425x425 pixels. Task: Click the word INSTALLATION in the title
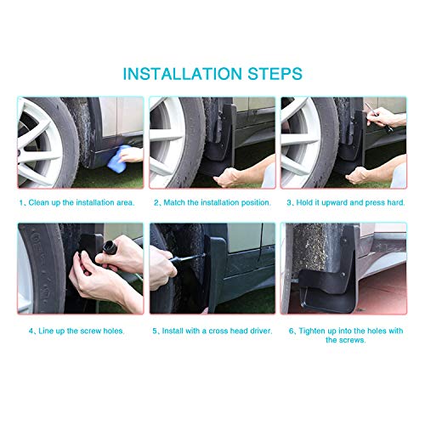pyautogui.click(x=183, y=74)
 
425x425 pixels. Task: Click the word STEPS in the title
pyautogui.click(x=275, y=74)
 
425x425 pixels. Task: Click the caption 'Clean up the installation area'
pyautogui.click(x=81, y=202)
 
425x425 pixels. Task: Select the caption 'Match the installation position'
pyautogui.click(x=217, y=202)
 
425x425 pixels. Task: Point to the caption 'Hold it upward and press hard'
pyautogui.click(x=350, y=202)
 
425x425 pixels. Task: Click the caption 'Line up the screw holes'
pyautogui.click(x=82, y=331)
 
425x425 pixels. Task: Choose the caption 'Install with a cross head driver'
pyautogui.click(x=217, y=331)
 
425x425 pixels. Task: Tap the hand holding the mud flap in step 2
pyautogui.click(x=227, y=177)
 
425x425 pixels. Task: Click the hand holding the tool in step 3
pyautogui.click(x=382, y=117)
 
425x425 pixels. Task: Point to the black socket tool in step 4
pyautogui.click(x=110, y=247)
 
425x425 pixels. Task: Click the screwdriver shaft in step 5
pyautogui.click(x=189, y=258)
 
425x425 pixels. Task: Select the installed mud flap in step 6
pyautogui.click(x=329, y=279)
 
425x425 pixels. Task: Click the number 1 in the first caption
pyautogui.click(x=21, y=203)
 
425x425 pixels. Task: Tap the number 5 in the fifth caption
pyautogui.click(x=155, y=331)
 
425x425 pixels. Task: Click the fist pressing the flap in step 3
pyautogui.click(x=356, y=175)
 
